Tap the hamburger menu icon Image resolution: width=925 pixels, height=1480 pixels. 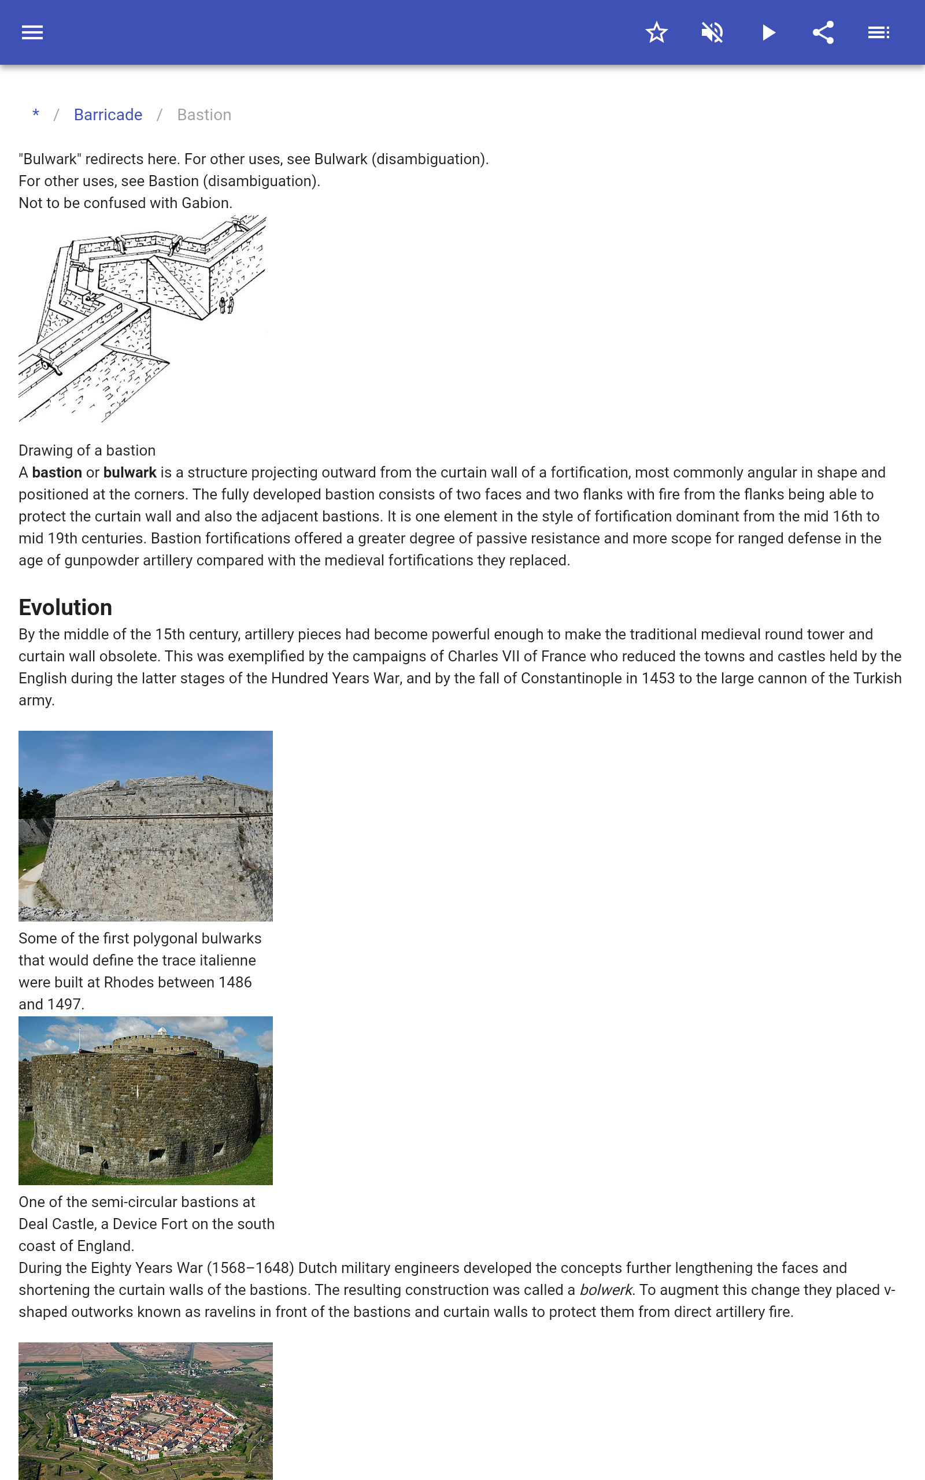pos(32,32)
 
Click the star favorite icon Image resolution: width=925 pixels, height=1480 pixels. pos(656,32)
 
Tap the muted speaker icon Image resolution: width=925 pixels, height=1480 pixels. pos(712,32)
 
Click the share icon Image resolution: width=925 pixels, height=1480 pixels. pos(823,32)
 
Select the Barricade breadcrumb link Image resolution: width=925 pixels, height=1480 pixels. pos(108,115)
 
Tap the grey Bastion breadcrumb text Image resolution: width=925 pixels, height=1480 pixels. pos(203,115)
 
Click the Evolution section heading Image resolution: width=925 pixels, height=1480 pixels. pos(65,607)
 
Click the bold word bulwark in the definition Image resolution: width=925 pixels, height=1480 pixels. pos(129,473)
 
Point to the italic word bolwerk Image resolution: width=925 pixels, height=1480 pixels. pos(605,1290)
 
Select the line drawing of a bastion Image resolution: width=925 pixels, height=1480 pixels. pos(142,318)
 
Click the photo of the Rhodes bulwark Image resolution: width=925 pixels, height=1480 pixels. pos(146,826)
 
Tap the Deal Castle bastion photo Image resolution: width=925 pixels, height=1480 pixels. pos(146,1100)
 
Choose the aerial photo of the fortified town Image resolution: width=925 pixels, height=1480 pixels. pos(146,1410)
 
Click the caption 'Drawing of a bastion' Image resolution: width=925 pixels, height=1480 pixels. pos(87,451)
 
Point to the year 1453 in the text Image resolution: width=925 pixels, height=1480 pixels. pos(658,678)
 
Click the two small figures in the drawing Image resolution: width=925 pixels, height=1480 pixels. pos(227,304)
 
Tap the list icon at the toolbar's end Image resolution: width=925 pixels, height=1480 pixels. pos(879,32)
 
